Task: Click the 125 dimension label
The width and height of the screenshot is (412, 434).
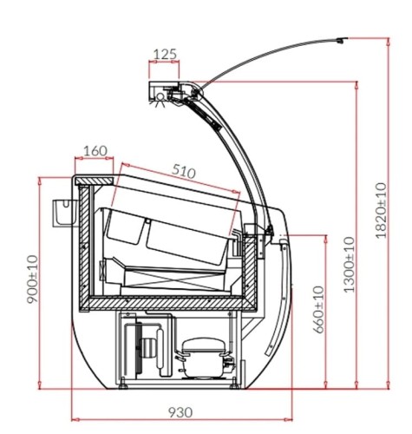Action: [165, 54]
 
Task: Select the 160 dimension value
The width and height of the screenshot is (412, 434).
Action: [95, 151]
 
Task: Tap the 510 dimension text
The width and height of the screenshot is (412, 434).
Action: [184, 171]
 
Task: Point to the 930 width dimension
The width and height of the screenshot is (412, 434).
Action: [180, 412]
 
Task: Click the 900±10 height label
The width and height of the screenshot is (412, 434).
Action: [32, 279]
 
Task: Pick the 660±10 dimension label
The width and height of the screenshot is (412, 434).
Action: [319, 310]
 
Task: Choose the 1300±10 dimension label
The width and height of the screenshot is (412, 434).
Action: [349, 265]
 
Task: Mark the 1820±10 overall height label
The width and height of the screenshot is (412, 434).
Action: [381, 210]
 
